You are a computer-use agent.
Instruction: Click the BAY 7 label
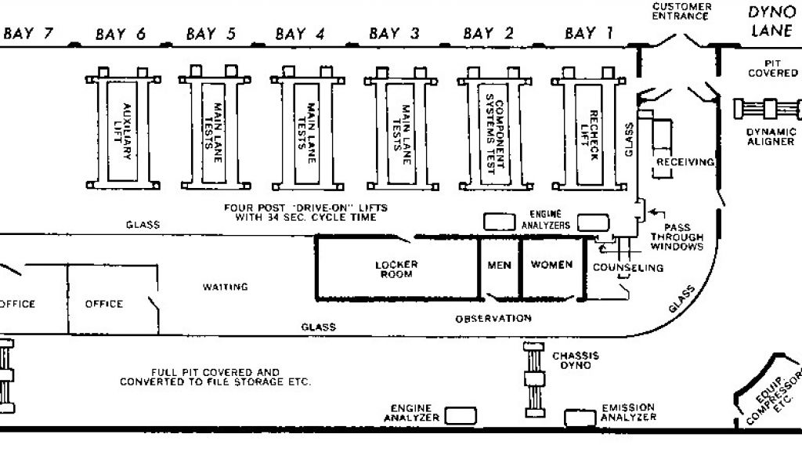click(30, 33)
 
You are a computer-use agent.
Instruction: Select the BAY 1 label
click(589, 33)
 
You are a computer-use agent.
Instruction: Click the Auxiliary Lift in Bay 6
click(123, 131)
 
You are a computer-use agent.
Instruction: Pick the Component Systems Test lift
click(496, 131)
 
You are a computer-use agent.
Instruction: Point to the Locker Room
click(396, 269)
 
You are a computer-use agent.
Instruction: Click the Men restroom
click(499, 265)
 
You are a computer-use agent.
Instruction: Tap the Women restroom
click(551, 265)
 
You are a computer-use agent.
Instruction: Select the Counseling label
click(627, 268)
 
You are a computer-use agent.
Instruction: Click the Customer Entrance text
click(682, 12)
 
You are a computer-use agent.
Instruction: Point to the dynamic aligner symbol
click(768, 108)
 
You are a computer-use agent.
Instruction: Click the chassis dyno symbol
click(535, 379)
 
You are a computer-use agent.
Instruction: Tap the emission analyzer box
click(580, 418)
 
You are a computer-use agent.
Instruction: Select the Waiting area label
click(226, 287)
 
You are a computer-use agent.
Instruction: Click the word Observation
click(493, 319)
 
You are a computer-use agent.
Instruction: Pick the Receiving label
click(685, 162)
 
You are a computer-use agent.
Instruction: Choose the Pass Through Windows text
click(677, 235)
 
